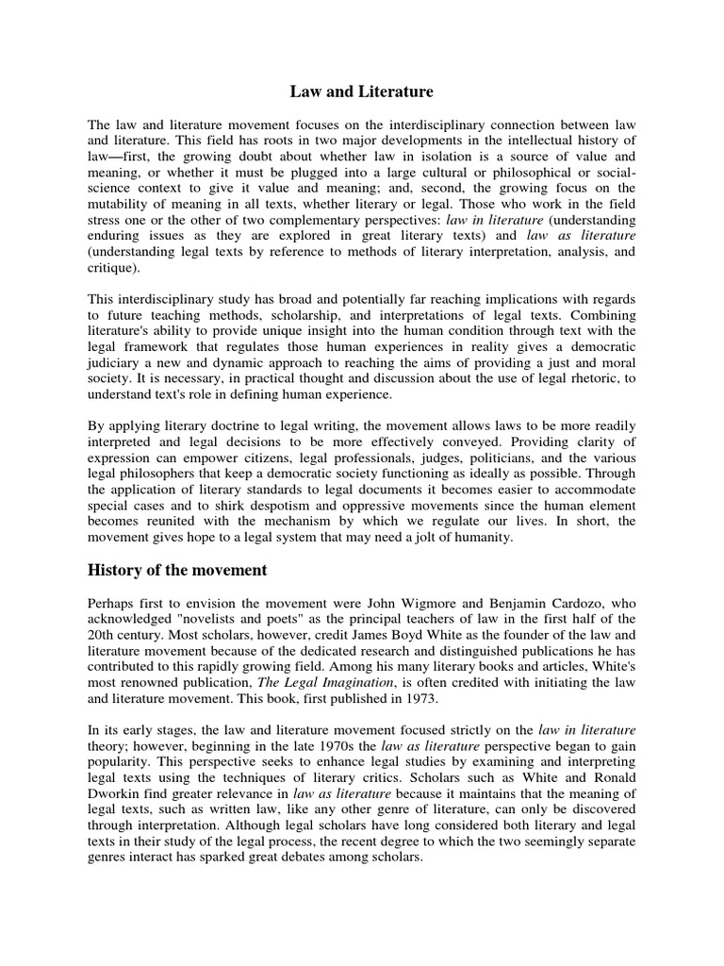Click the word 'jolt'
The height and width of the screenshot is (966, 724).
click(x=444, y=538)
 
